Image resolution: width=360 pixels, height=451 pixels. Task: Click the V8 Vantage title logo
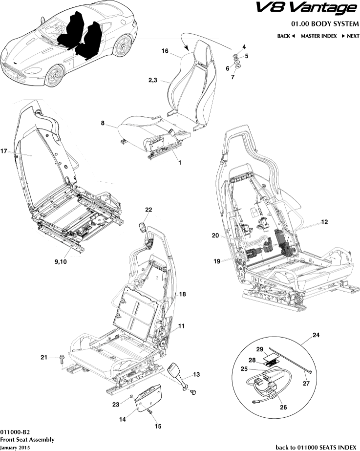tap(313, 8)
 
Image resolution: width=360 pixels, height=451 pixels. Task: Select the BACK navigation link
tap(286, 36)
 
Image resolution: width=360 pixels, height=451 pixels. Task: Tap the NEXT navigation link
tap(350, 36)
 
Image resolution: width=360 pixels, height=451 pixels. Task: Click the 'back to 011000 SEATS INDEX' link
tap(316, 447)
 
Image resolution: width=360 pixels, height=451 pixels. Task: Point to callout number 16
tap(165, 51)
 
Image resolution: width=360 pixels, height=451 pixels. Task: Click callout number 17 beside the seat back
tap(3, 151)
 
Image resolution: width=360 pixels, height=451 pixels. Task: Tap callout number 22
tap(148, 210)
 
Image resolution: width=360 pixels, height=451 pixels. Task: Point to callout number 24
tap(317, 335)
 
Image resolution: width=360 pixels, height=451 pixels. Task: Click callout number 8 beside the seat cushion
tap(103, 124)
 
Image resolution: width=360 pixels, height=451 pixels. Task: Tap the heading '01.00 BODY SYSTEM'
tap(325, 23)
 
